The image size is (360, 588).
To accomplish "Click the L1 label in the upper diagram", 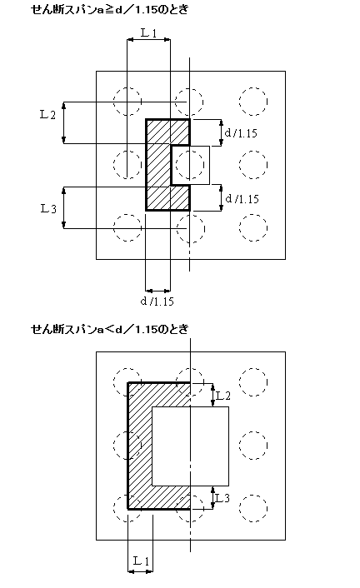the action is coord(148,33).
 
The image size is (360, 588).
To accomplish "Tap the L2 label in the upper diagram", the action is coord(47,114).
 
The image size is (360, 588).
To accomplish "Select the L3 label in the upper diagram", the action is coord(48,208).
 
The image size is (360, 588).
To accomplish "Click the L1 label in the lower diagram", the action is coord(141,561).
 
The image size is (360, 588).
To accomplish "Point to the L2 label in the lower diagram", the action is coord(223,396).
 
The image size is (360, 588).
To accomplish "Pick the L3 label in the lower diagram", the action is coord(222,498).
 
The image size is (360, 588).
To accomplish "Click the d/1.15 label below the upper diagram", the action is coord(157,301).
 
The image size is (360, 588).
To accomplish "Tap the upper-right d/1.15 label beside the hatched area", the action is coord(241,132).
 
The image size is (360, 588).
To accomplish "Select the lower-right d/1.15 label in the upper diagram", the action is coord(242,198).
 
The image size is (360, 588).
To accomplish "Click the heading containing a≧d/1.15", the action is coord(109,9).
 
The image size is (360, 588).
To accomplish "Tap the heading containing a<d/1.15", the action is coord(109,329).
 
